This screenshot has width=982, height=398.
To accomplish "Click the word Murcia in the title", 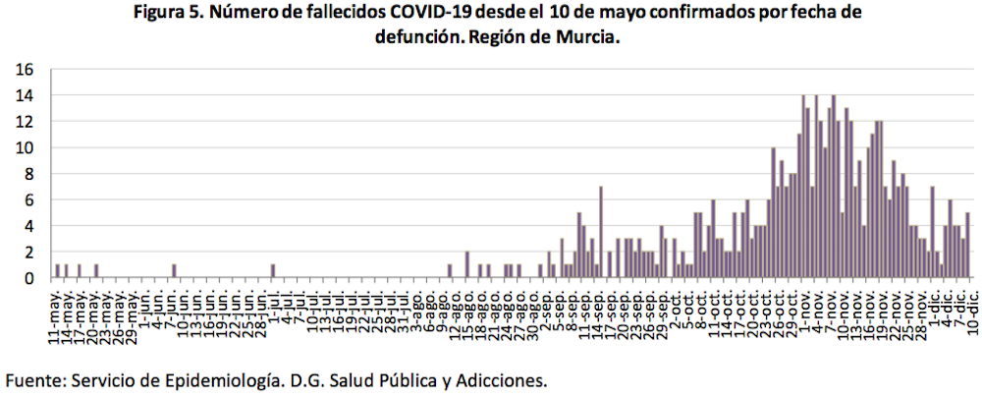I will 586,37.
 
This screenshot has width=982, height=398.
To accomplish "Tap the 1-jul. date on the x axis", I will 272,306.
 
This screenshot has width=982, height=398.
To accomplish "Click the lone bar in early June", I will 173,271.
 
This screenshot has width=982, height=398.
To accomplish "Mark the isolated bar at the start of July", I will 272,271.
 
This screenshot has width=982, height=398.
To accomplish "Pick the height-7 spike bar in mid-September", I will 600,233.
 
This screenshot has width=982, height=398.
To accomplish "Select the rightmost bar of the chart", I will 968,246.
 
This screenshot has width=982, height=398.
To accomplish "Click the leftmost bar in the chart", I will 58,271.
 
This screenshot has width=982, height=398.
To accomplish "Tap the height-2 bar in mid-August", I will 467,265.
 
